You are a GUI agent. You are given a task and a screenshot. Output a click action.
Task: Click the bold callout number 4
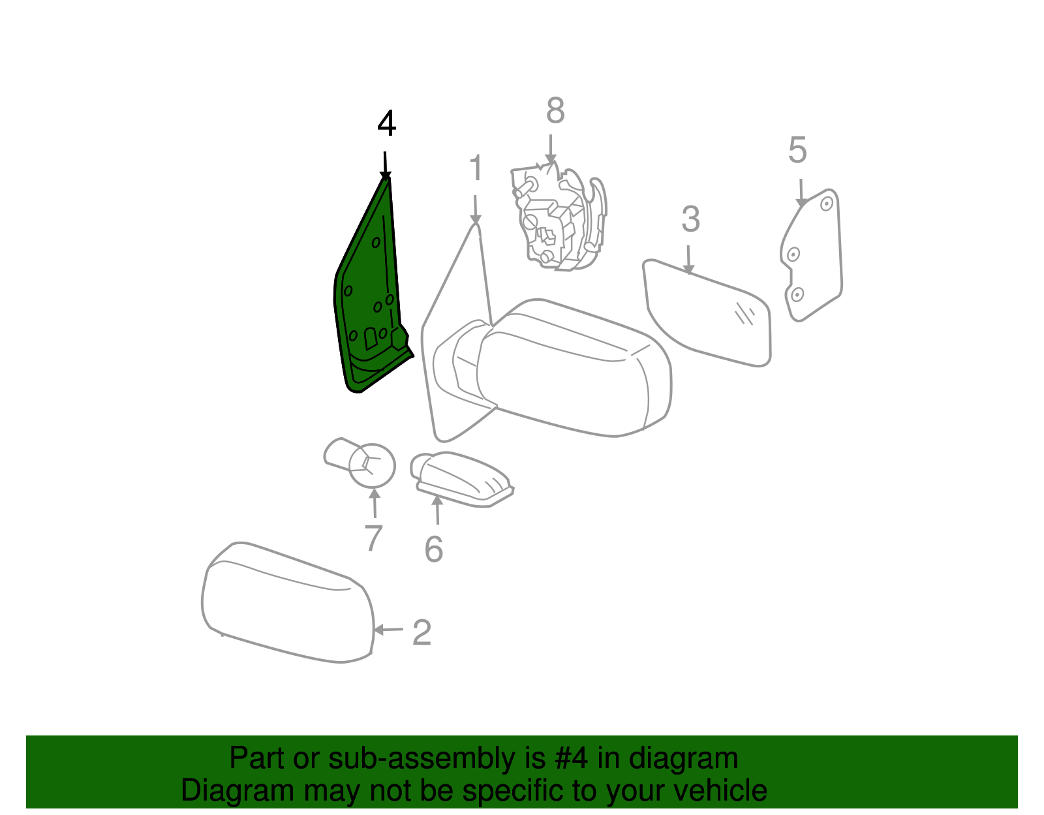tap(386, 123)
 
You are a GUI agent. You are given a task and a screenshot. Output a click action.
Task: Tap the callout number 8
tap(555, 110)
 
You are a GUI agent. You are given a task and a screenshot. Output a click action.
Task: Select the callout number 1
tap(476, 168)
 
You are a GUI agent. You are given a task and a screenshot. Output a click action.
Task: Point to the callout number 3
tap(690, 219)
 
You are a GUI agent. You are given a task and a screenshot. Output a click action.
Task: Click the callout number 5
tap(797, 150)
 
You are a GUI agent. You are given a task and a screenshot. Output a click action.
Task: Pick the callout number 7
tap(373, 538)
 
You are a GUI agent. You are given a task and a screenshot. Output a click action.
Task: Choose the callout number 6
tap(433, 549)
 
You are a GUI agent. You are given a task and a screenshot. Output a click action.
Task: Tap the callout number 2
tap(422, 632)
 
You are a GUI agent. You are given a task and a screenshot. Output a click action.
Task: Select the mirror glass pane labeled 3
tap(706, 315)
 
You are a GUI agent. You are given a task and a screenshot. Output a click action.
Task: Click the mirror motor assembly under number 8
tap(559, 216)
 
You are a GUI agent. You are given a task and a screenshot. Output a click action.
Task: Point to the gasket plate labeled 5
tap(812, 254)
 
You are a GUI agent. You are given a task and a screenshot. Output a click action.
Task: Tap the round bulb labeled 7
tap(360, 463)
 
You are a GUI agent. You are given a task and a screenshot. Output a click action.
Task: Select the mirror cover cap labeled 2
tap(288, 603)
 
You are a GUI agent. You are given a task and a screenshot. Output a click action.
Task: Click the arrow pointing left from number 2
tap(388, 630)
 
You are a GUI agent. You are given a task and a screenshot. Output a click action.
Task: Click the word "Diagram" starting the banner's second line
tap(238, 791)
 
